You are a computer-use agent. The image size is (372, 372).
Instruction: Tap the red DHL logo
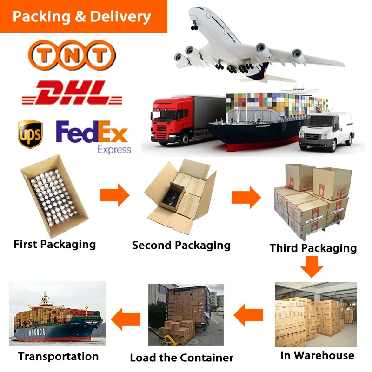[72, 93]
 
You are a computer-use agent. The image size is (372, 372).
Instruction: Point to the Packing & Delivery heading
[82, 17]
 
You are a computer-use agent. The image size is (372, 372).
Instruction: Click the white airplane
[251, 46]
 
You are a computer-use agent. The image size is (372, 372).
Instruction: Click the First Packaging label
[55, 244]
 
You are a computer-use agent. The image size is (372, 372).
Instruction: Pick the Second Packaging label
[181, 245]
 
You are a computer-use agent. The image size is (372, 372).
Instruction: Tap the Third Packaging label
[313, 248]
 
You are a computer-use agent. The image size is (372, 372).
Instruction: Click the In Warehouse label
[317, 356]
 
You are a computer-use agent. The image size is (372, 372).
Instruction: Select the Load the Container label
[181, 358]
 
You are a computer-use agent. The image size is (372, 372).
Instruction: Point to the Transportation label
[59, 357]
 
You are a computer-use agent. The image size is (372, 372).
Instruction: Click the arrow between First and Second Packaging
[114, 195]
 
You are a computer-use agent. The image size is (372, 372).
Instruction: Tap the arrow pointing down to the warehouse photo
[311, 267]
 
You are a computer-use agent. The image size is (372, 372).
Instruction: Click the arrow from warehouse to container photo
[248, 318]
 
